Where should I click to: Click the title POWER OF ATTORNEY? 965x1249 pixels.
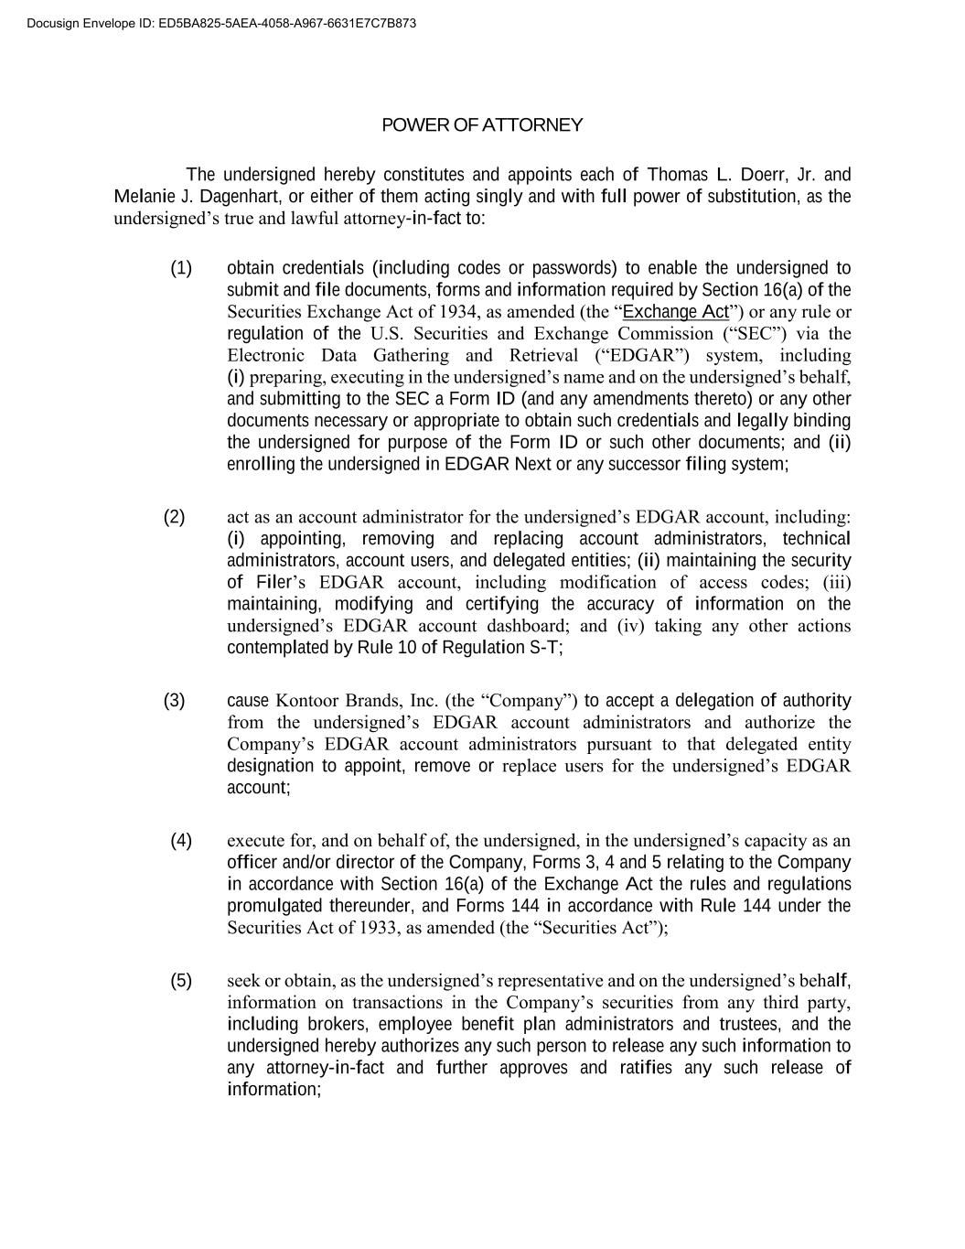click(x=482, y=125)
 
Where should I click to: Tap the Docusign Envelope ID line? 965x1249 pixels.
click(x=222, y=23)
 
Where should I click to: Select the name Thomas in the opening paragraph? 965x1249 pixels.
click(x=677, y=175)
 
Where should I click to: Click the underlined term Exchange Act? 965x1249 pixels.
click(x=675, y=312)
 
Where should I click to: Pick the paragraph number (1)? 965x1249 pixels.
click(x=181, y=268)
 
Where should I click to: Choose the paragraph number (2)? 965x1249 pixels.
click(x=174, y=517)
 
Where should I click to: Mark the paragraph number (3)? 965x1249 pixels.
click(x=174, y=701)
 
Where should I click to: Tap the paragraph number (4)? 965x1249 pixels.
click(x=181, y=841)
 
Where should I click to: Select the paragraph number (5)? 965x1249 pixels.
click(x=181, y=981)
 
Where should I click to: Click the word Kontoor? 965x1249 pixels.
click(x=307, y=701)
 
